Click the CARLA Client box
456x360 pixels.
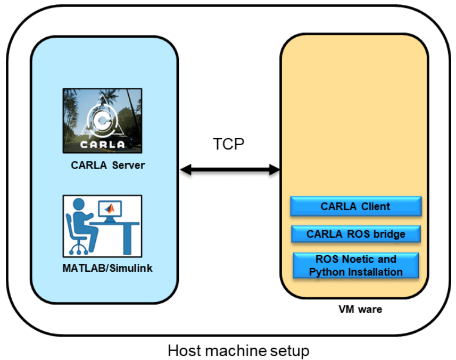[x=355, y=206]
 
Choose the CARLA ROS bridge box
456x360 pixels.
[x=355, y=234]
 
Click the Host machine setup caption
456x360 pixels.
[x=238, y=351]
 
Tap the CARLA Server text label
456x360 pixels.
[x=107, y=165]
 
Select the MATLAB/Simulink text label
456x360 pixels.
[x=107, y=268]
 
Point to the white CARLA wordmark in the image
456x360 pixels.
[x=102, y=144]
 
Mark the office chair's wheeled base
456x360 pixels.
[x=78, y=248]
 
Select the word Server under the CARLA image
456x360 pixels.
[x=129, y=165]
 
